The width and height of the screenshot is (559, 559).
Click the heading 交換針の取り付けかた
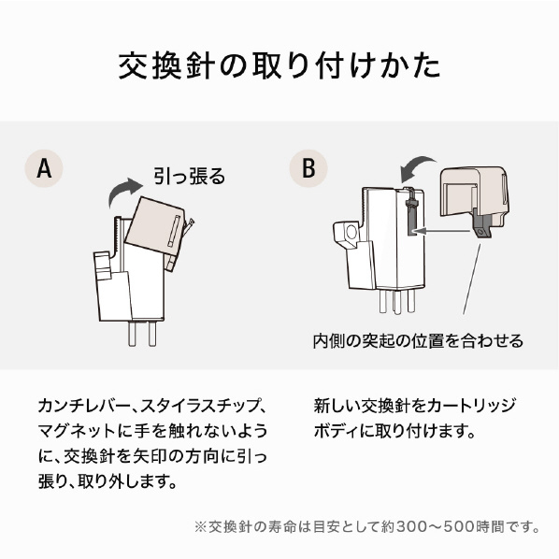[279, 65]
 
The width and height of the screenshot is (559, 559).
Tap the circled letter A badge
[44, 168]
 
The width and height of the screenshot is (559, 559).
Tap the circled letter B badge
[308, 168]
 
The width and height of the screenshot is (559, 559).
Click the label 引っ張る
[190, 176]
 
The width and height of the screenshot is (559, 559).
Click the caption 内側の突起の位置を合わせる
[418, 341]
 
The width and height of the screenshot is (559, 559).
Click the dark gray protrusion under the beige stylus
[481, 225]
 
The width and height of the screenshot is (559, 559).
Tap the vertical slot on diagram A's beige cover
[173, 231]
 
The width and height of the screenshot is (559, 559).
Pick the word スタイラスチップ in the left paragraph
[199, 406]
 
